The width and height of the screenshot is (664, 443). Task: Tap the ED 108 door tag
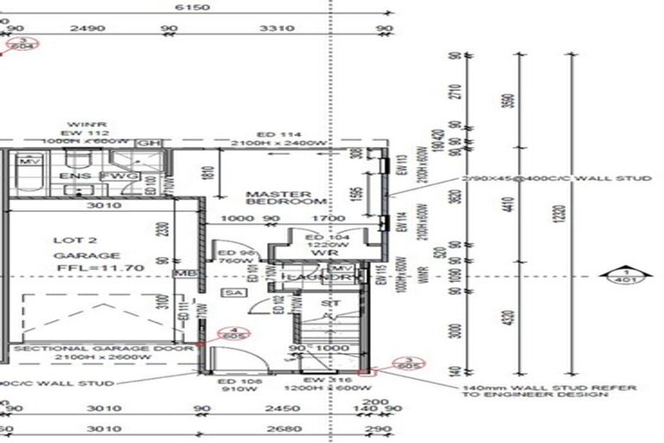coord(233,381)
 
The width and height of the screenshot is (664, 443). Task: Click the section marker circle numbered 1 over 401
coord(621,275)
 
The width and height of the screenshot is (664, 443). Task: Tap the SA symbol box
coord(232,293)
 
